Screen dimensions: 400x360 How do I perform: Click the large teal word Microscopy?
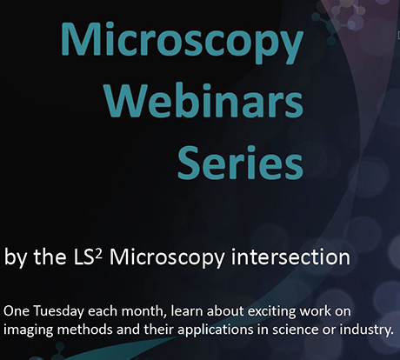pyautogui.click(x=182, y=41)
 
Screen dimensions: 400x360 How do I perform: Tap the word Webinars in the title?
pyautogui.click(x=204, y=100)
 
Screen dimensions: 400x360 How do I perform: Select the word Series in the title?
pyautogui.click(x=240, y=162)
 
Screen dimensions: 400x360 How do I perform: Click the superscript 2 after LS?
pyautogui.click(x=99, y=253)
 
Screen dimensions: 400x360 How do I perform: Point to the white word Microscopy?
pyautogui.click(x=167, y=258)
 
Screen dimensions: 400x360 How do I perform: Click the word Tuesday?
pyautogui.click(x=60, y=311)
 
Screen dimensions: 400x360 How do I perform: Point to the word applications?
pyautogui.click(x=216, y=330)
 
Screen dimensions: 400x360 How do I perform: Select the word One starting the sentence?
pyautogui.click(x=17, y=312)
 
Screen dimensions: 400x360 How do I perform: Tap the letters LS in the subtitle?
pyautogui.click(x=85, y=257)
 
